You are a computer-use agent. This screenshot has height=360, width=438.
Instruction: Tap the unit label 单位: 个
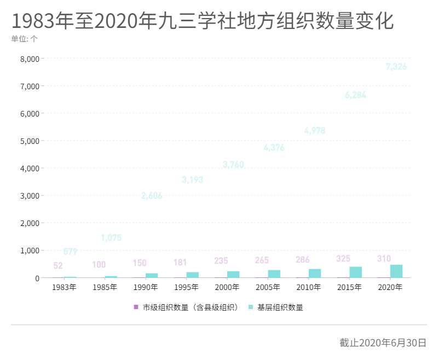coord(25,39)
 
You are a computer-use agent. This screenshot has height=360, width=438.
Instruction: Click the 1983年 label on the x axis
coord(64,287)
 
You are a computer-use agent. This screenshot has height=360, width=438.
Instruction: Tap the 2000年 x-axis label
coord(227,287)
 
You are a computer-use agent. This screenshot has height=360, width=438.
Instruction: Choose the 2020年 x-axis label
coord(390,287)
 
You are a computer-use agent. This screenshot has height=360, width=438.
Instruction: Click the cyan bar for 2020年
coord(396,271)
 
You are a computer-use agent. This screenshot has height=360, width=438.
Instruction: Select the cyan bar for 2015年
coord(356,272)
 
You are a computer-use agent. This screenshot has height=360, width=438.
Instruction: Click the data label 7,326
coord(396,67)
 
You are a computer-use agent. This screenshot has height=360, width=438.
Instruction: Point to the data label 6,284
coord(355,95)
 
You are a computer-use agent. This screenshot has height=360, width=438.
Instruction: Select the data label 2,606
coord(152,196)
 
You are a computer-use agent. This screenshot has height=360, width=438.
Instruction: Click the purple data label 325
coord(344,258)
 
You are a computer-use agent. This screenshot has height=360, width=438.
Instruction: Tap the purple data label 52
coord(58,266)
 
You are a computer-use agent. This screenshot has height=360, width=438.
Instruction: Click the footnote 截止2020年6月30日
coord(383,343)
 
